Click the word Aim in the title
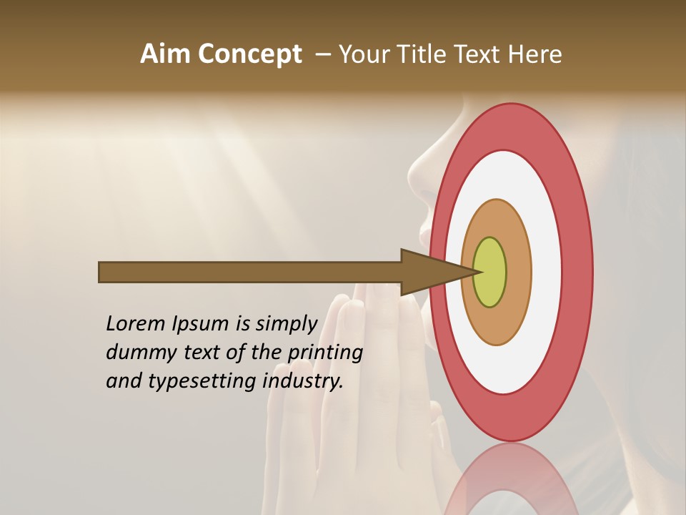click(x=166, y=54)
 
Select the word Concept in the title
click(x=250, y=54)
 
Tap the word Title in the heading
click(x=422, y=54)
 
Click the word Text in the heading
click(x=479, y=54)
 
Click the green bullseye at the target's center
click(x=490, y=273)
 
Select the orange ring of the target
click(x=517, y=273)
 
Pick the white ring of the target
click(x=547, y=273)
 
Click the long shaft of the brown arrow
click(x=250, y=273)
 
